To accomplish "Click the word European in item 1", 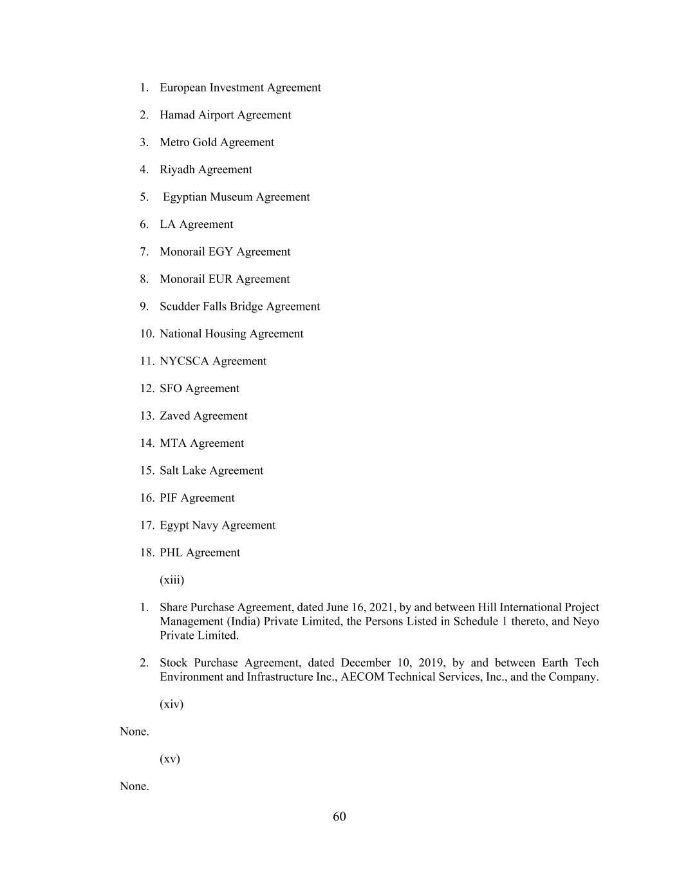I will click(x=183, y=88).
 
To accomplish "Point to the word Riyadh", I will click(x=178, y=170).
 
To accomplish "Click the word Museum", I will click(x=235, y=197).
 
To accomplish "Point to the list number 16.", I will click(x=147, y=498).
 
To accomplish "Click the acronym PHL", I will click(x=171, y=553).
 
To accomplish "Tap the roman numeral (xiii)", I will click(x=172, y=580).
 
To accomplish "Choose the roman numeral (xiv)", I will click(x=171, y=704).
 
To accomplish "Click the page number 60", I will click(x=339, y=817).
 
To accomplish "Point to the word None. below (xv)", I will click(x=134, y=786).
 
